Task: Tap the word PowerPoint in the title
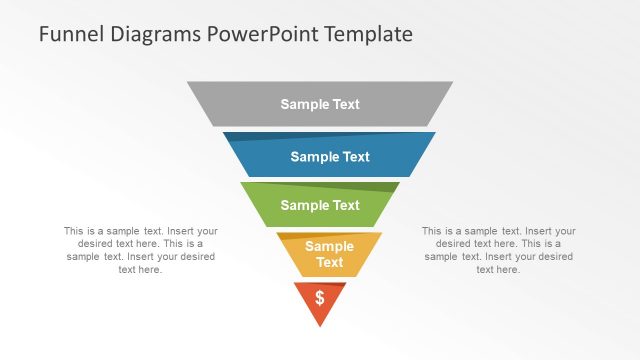coord(258,34)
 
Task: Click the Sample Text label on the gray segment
coord(320,104)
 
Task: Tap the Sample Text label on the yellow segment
coord(329,254)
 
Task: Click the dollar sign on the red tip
coord(320,297)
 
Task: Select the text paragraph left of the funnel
coord(140,250)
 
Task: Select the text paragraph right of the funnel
coord(498,250)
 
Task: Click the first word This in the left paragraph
coord(75,231)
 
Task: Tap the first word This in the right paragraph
coord(433,231)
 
